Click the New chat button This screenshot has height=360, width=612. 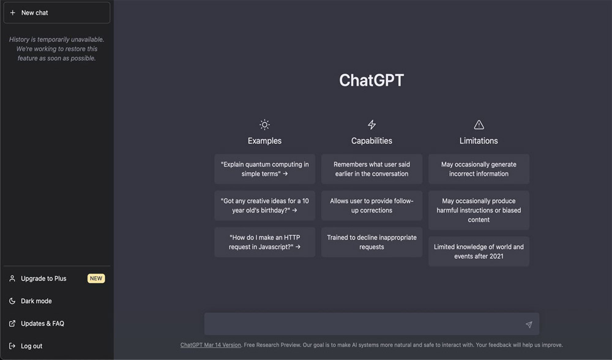point(56,12)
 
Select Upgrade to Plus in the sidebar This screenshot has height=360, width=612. point(43,279)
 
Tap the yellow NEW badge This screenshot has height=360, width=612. point(96,279)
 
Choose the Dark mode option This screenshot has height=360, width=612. point(36,301)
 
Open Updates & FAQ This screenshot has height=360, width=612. point(42,324)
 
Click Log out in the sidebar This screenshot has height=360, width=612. point(31,346)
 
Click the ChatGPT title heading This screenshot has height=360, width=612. point(371,80)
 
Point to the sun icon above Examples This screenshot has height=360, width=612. point(264,124)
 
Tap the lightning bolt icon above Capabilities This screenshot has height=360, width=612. point(372,124)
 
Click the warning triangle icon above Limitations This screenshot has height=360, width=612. point(479,124)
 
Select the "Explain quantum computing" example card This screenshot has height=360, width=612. point(264,169)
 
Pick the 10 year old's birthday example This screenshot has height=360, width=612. point(264,205)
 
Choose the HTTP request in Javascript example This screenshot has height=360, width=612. point(264,242)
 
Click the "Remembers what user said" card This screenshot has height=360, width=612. point(371,169)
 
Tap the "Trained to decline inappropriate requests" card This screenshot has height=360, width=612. point(371,242)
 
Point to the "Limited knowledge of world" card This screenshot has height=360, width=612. point(479,252)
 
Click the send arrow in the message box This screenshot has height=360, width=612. point(529,324)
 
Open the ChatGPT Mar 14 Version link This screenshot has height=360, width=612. point(211,345)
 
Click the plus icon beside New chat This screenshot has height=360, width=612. point(12,12)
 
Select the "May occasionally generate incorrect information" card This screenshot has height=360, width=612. point(479,169)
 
